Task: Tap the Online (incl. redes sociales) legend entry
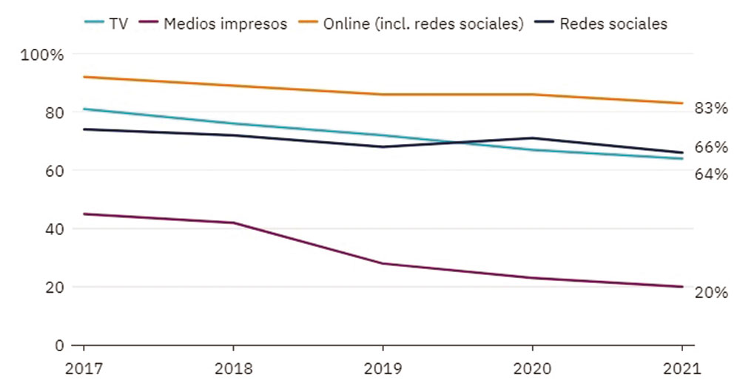pos(423,24)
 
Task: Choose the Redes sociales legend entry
pos(613,24)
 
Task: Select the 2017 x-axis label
pos(83,367)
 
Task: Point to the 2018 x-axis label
pos(233,367)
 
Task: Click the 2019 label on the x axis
pos(383,367)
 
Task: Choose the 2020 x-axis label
pos(533,367)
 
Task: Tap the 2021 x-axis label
pos(682,367)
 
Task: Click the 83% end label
pos(712,109)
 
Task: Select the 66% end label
pos(712,147)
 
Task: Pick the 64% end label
pos(712,174)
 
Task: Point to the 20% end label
pos(712,292)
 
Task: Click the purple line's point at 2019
pos(383,263)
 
